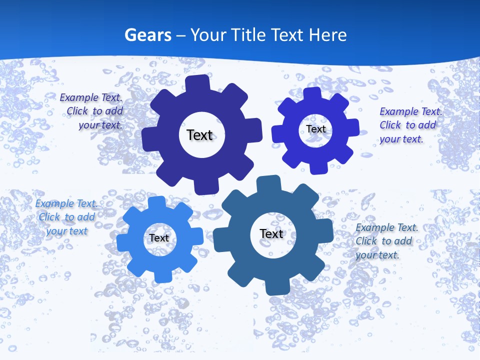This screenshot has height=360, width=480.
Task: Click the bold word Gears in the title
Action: coord(147,35)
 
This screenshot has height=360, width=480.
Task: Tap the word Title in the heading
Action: coord(249,35)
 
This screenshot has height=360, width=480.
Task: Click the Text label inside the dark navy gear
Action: coord(199,135)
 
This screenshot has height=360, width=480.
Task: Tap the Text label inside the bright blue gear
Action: coord(316,129)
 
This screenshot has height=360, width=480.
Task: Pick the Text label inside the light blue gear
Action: coord(159,238)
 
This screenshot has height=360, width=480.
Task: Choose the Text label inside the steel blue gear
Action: coord(271,233)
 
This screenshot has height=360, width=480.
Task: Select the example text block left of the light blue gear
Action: coord(66,217)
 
